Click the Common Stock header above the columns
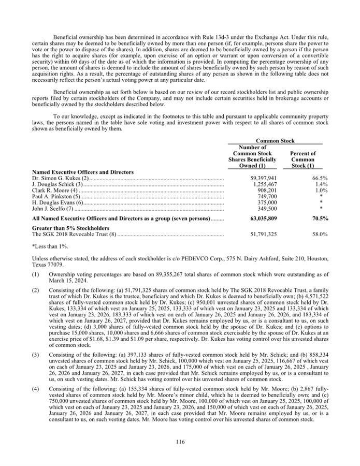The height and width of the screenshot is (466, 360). coord(275,140)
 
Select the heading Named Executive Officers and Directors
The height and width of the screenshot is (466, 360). coord(83,172)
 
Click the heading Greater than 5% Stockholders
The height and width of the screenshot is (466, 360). coord(70,228)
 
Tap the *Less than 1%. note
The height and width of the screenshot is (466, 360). coord(49,247)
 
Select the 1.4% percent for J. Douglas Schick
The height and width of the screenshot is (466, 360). coord(321,184)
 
